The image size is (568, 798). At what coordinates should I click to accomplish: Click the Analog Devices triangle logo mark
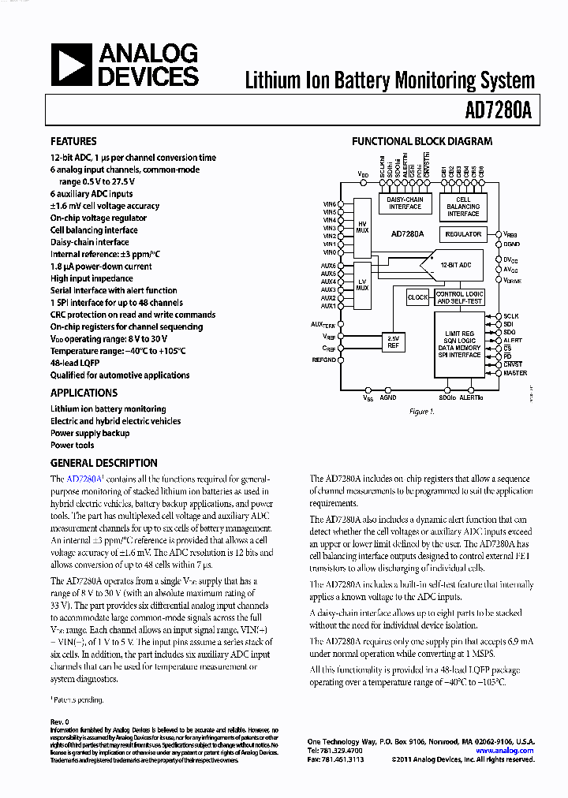click(71, 65)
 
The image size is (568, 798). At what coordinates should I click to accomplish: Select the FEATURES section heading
click(73, 141)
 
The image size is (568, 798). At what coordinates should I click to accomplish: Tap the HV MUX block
click(362, 227)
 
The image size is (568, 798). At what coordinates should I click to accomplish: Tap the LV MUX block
click(362, 285)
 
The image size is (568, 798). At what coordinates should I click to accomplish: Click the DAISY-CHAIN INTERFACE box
click(404, 203)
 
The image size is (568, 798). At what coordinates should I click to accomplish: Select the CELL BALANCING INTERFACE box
click(463, 207)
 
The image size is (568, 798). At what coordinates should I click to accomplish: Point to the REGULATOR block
click(463, 234)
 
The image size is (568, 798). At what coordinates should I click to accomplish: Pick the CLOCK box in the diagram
click(417, 297)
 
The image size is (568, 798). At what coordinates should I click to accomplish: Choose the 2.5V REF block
click(393, 341)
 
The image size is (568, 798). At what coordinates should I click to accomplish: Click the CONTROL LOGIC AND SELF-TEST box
click(460, 297)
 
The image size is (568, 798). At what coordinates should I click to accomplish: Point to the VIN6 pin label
click(329, 204)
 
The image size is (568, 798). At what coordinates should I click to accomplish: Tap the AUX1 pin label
click(328, 305)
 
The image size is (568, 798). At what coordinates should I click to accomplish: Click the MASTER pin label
click(515, 373)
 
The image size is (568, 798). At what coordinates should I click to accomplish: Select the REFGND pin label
click(324, 360)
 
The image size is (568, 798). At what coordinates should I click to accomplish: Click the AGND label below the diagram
click(388, 397)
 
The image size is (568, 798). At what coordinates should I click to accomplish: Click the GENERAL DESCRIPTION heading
click(104, 463)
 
